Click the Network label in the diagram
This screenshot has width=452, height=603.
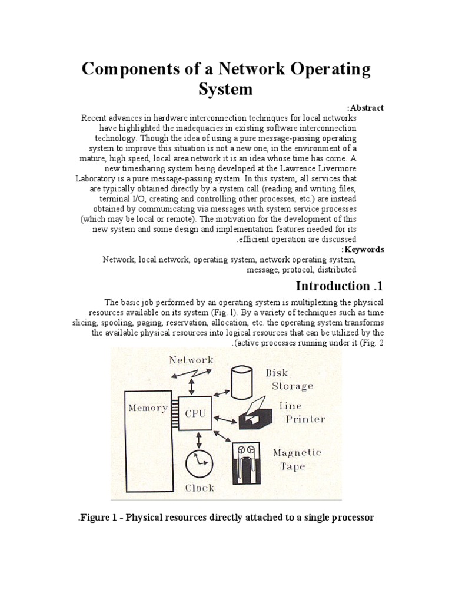pos(191,360)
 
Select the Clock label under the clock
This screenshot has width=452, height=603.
pos(200,488)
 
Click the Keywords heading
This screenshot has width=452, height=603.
pos(365,249)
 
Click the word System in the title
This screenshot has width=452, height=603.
pos(226,90)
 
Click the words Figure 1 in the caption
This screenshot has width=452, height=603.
pos(99,518)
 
